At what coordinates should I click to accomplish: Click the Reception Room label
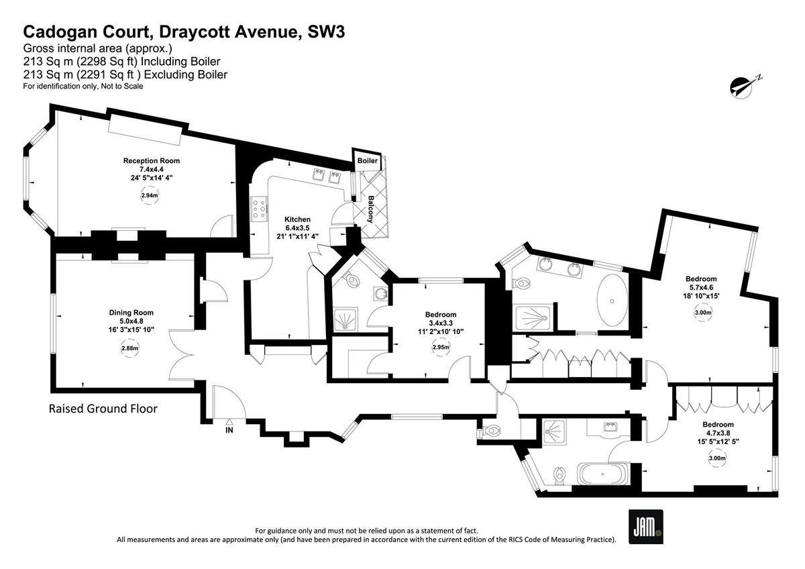[151, 161]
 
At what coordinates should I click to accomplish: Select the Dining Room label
[131, 312]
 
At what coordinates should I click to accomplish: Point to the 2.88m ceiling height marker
[130, 348]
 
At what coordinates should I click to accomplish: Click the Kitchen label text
[297, 219]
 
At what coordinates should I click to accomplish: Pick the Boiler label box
[367, 161]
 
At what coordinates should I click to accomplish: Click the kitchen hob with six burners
[260, 211]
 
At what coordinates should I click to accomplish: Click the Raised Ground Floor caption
[103, 409]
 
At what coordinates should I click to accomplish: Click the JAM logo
[645, 527]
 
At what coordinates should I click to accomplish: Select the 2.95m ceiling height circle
[440, 348]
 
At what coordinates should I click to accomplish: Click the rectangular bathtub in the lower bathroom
[602, 475]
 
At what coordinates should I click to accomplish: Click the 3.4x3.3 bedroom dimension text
[440, 323]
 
